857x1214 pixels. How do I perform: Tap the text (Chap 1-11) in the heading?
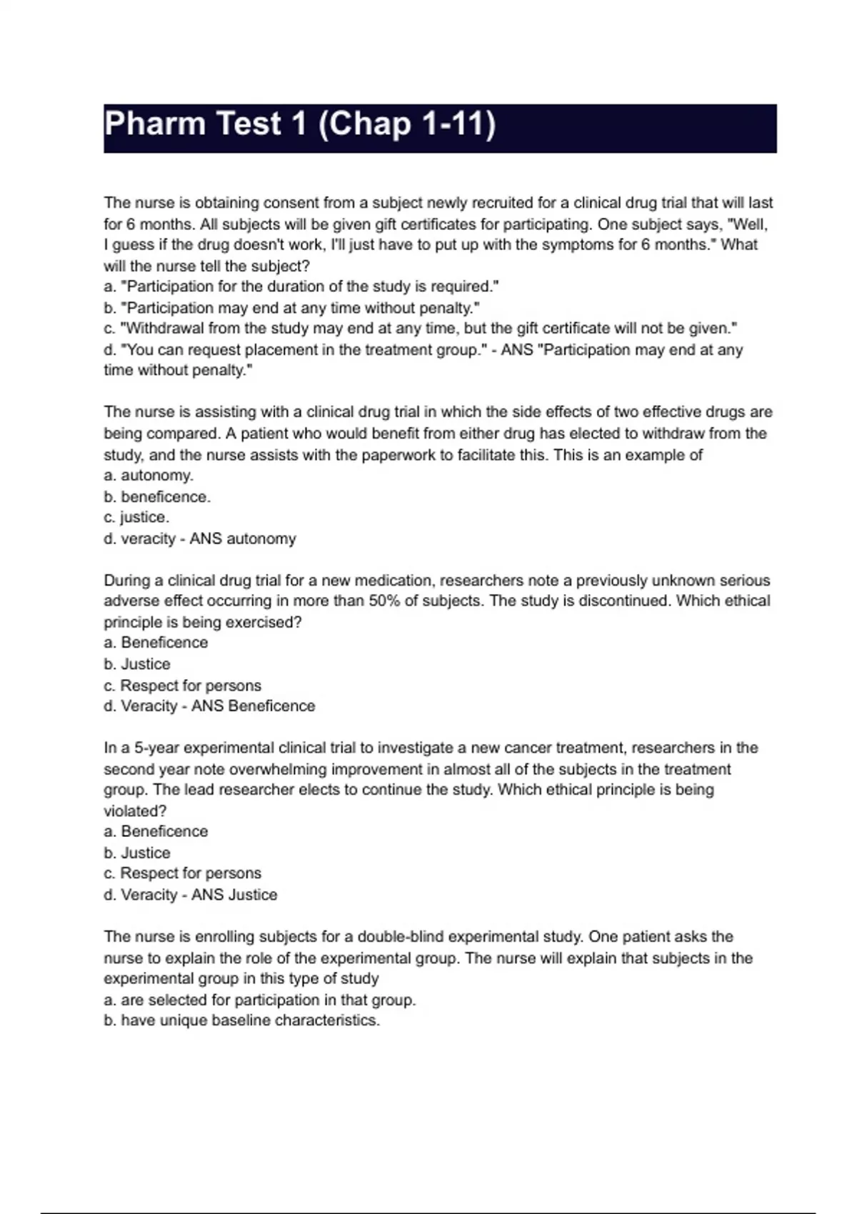click(406, 124)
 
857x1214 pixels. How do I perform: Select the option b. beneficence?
click(157, 496)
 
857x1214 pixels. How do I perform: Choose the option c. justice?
click(136, 517)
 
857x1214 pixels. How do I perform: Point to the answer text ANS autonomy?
click(243, 538)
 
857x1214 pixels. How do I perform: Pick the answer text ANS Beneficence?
click(253, 706)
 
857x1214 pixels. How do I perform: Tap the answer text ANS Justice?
click(234, 894)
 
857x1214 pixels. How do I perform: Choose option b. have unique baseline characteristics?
click(241, 1020)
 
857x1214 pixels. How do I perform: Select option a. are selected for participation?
click(260, 1000)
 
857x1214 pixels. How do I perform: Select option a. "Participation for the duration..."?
click(301, 286)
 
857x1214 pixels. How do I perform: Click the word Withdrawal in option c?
click(165, 328)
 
